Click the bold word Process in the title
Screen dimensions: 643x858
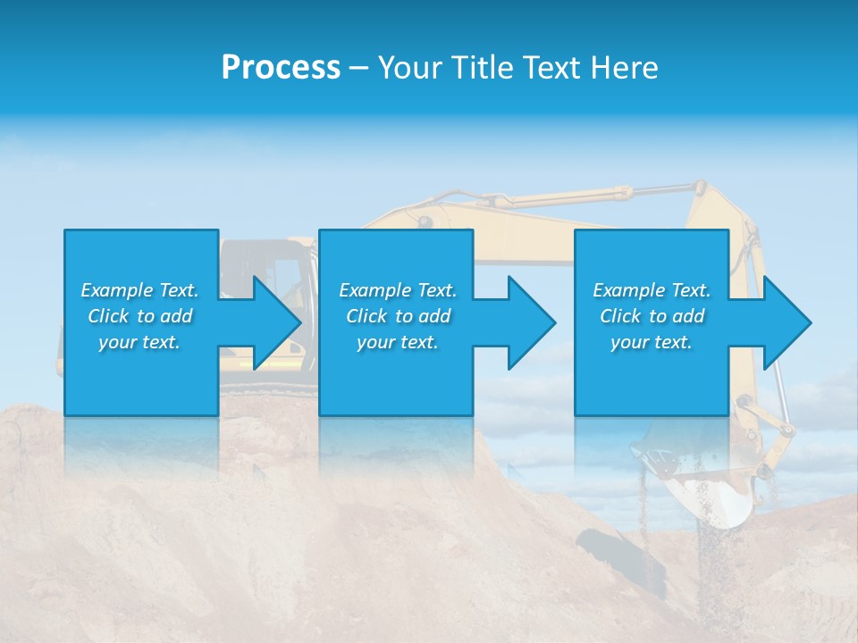[281, 68]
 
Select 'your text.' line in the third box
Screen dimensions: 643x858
[652, 342]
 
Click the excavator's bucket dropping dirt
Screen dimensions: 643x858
[715, 496]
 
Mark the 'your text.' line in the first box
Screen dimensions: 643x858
[139, 342]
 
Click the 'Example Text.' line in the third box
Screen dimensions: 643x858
[652, 290]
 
